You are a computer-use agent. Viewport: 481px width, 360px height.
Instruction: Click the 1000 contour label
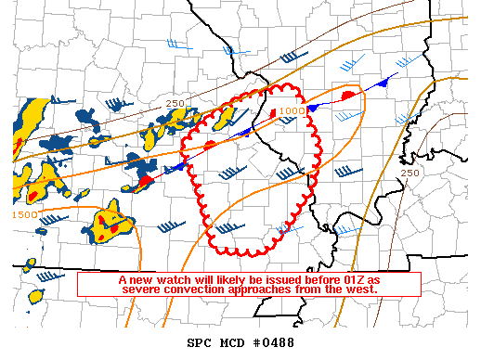pyautogui.click(x=292, y=110)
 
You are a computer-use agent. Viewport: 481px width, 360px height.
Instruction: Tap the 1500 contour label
pyautogui.click(x=25, y=215)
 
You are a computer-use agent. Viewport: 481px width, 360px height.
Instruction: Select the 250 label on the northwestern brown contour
pyautogui.click(x=175, y=103)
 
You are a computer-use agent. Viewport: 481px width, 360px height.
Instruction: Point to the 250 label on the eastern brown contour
pyautogui.click(x=409, y=174)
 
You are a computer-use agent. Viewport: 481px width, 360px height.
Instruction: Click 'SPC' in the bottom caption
pyautogui.click(x=200, y=343)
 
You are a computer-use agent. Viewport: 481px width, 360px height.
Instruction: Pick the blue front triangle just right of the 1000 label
pyautogui.click(x=313, y=109)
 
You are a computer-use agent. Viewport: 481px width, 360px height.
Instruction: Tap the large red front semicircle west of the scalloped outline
pyautogui.click(x=146, y=179)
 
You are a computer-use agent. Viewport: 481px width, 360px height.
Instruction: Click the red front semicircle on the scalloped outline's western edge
pyautogui.click(x=210, y=145)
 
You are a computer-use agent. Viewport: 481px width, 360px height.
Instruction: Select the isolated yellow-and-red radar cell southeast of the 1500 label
pyautogui.click(x=111, y=223)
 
